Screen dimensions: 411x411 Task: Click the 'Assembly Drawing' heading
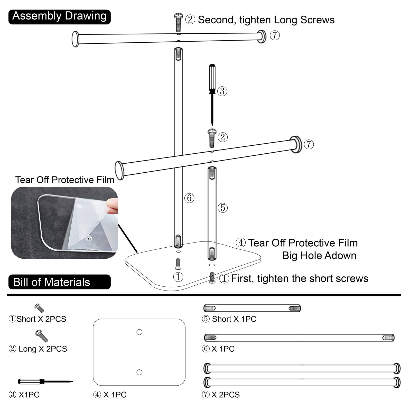click(x=59, y=16)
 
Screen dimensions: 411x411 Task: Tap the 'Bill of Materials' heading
click(x=52, y=282)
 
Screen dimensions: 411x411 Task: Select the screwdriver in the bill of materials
click(x=45, y=382)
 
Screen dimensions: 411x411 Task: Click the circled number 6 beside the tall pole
click(x=189, y=198)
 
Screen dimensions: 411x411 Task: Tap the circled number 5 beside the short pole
click(x=223, y=208)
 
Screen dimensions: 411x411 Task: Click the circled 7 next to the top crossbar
click(x=275, y=35)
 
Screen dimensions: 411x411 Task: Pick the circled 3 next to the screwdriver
click(x=222, y=91)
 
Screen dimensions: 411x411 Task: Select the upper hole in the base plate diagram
click(x=139, y=332)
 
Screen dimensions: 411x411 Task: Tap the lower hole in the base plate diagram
click(x=139, y=372)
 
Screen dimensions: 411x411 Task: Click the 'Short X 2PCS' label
click(x=38, y=319)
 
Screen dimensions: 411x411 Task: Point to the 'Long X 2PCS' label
click(x=38, y=349)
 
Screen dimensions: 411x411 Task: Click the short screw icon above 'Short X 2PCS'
click(x=39, y=308)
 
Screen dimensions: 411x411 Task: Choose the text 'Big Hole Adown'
click(x=319, y=256)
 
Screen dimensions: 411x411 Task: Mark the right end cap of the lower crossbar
click(x=296, y=144)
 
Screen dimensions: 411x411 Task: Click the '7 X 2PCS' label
click(x=221, y=395)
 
